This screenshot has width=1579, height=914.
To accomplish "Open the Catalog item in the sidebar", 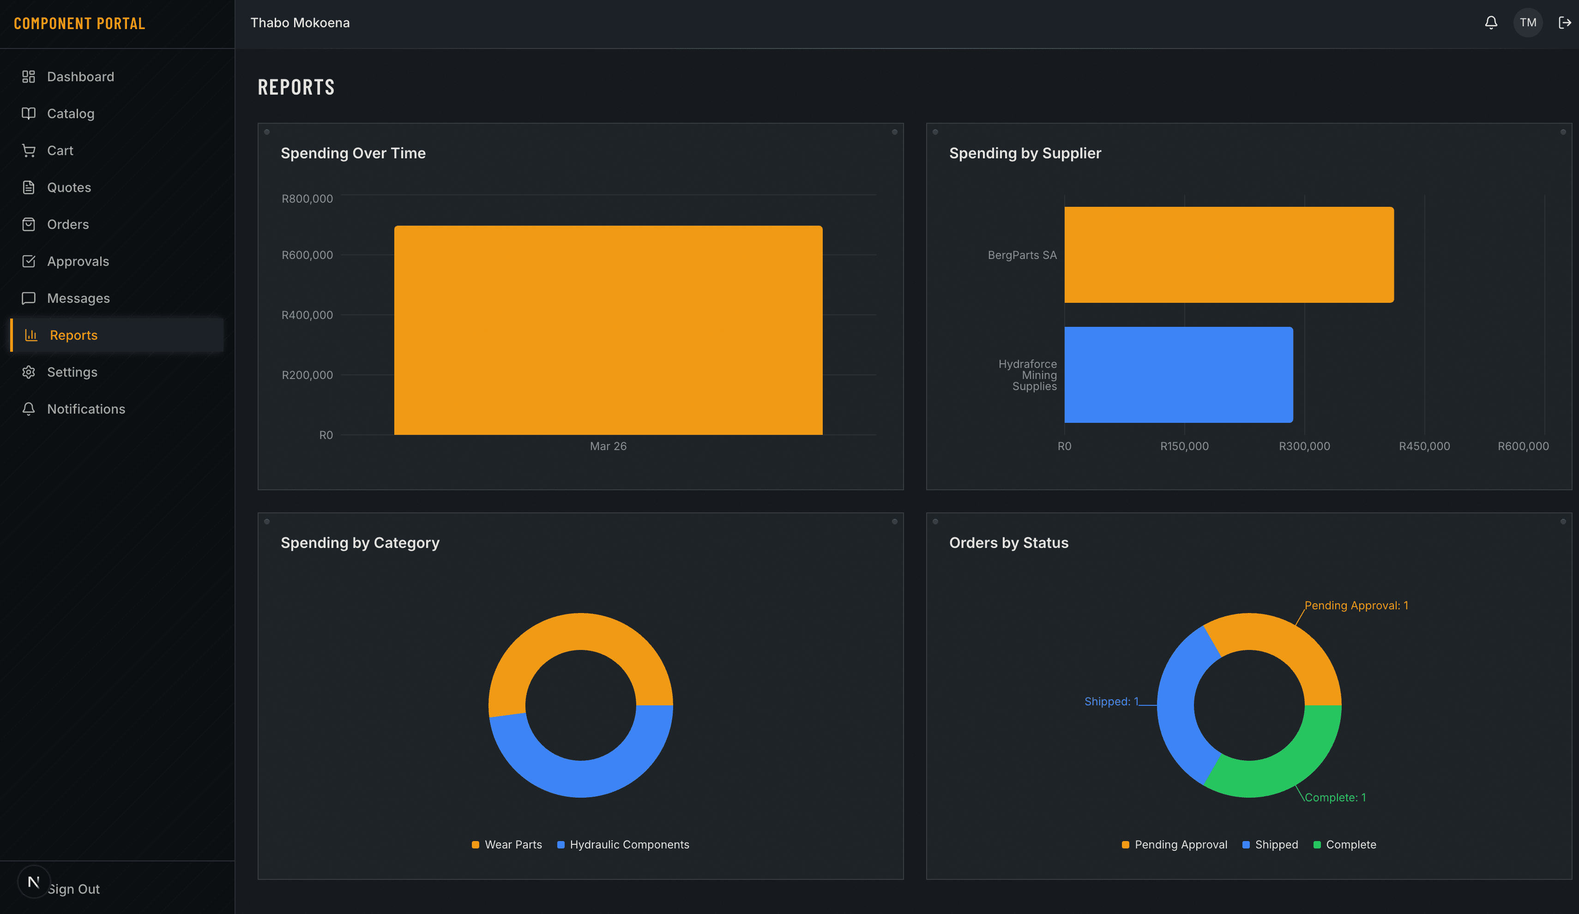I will click(x=70, y=114).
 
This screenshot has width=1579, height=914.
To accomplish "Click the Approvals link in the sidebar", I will click(x=78, y=261).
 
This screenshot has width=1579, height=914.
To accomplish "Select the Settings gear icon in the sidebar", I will click(x=29, y=372).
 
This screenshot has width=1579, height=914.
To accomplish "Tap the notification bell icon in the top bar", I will click(x=1491, y=23).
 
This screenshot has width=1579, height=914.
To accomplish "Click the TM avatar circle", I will click(x=1528, y=23).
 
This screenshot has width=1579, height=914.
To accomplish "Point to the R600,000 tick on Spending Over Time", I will click(x=307, y=255).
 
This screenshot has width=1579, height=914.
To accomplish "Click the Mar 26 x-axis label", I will click(x=608, y=446).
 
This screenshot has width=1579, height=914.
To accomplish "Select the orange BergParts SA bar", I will click(x=1228, y=255).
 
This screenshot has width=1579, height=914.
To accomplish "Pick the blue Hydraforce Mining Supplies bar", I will click(x=1178, y=375).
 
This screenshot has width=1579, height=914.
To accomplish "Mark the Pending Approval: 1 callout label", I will click(x=1356, y=605).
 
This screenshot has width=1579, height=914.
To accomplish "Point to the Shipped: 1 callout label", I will click(x=1111, y=701).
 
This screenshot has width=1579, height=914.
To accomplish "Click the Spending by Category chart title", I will click(x=360, y=542).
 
